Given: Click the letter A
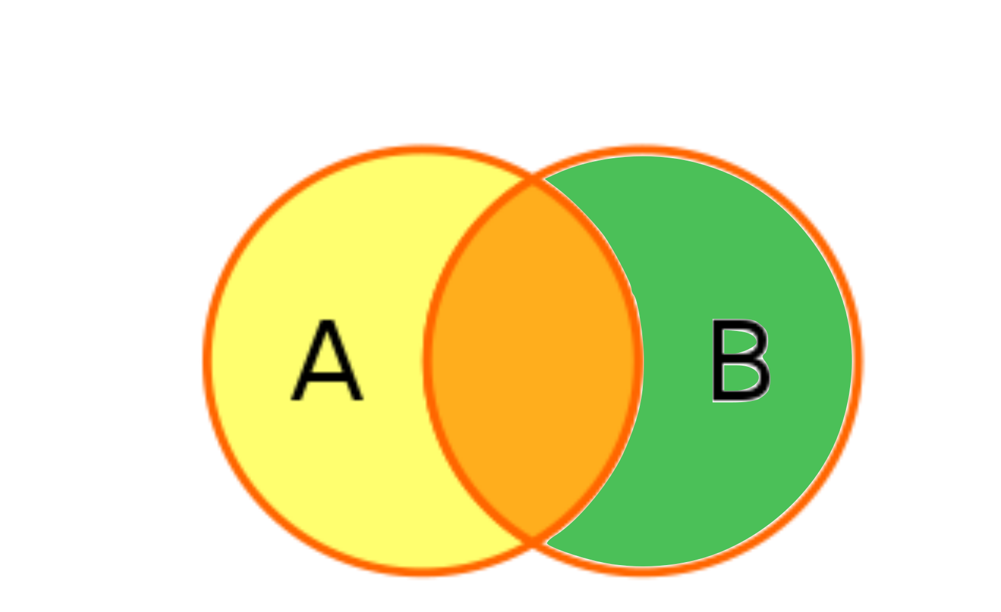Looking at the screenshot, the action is [x=327, y=361].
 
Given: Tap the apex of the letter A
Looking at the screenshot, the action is [x=328, y=323].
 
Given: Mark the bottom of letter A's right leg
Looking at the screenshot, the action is [x=358, y=398].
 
